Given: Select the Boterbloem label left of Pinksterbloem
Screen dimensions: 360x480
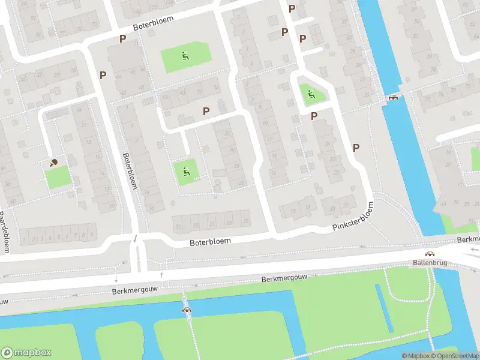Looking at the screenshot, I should [x=211, y=242].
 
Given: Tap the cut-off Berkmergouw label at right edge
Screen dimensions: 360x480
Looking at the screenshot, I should [x=467, y=239].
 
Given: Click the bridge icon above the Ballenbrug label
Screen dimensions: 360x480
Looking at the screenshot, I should [x=430, y=254].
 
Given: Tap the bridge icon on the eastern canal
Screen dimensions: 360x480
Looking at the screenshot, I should [x=393, y=97].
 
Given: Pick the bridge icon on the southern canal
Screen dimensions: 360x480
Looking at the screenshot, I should [x=187, y=310].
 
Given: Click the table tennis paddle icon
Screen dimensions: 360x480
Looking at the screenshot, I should [x=54, y=161].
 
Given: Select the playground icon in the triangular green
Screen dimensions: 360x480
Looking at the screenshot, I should [x=310, y=94].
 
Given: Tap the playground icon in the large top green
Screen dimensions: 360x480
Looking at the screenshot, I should [x=185, y=58].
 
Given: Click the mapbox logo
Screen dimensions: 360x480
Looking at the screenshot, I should [x=26, y=353].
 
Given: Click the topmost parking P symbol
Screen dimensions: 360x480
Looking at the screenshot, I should [x=292, y=8].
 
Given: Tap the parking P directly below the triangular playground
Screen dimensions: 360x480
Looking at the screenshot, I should [x=314, y=116].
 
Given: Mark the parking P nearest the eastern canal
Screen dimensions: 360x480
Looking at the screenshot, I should [x=356, y=148].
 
